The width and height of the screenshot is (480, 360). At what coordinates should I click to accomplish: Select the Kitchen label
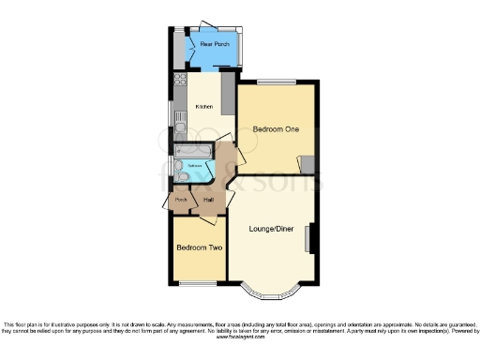pyautogui.click(x=203, y=106)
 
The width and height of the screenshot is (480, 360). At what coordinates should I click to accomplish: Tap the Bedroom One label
pyautogui.click(x=276, y=128)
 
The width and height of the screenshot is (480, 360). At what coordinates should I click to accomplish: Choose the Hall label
pyautogui.click(x=209, y=200)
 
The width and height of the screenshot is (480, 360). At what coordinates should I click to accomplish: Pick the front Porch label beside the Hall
pyautogui.click(x=181, y=200)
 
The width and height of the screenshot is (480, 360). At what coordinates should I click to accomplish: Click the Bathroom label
pyautogui.click(x=194, y=166)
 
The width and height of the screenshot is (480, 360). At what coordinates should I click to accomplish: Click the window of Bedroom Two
pyautogui.click(x=198, y=282)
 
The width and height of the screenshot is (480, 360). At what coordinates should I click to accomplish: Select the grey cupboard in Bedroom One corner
pyautogui.click(x=307, y=164)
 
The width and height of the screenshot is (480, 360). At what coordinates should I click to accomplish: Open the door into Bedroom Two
pyautogui.click(x=210, y=219)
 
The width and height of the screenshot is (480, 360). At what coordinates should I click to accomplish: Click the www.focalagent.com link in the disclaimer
pyautogui.click(x=241, y=337)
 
